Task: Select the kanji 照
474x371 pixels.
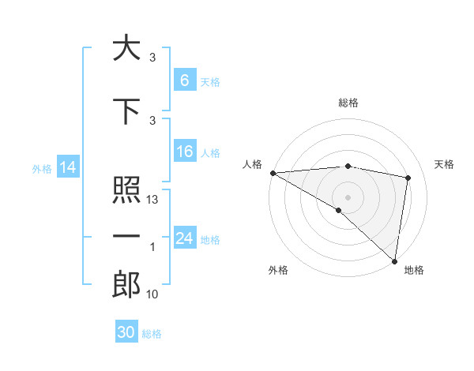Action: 126,190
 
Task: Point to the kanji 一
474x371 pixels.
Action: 126,236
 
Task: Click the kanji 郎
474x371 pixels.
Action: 126,284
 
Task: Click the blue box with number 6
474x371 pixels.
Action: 184,81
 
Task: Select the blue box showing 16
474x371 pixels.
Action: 184,152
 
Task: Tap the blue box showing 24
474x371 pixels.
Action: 184,238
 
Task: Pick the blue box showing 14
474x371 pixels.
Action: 67,167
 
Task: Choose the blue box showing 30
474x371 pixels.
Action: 126,332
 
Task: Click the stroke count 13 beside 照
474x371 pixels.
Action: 153,200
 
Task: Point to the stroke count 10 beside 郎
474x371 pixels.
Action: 153,294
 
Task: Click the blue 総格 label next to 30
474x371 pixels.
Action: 152,334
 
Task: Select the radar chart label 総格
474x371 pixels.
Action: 348,103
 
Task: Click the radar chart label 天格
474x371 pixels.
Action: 445,164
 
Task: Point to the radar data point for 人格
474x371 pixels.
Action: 273,173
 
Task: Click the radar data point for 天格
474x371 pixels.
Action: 408,178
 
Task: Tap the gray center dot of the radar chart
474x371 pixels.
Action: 348,196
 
